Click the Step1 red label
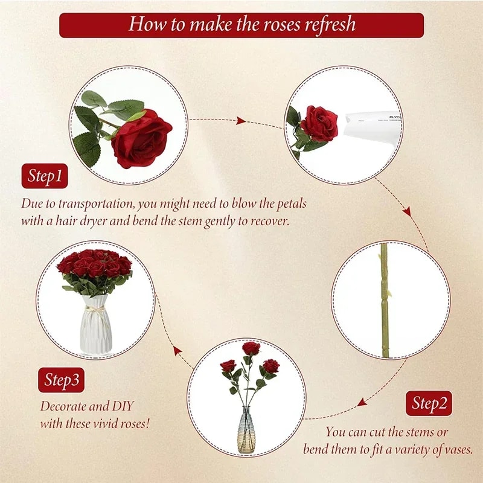(45, 176)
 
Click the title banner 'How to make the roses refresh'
(241, 25)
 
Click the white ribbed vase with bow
(97, 327)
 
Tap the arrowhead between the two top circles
(240, 121)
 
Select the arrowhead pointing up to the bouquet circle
(177, 350)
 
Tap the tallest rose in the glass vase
(251, 348)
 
